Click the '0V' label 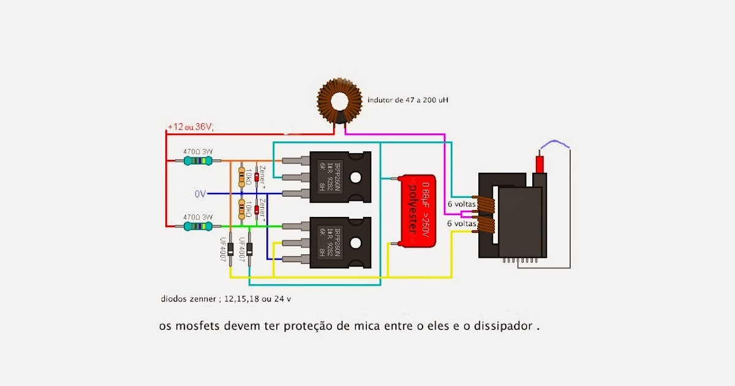200,194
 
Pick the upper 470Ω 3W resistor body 197,161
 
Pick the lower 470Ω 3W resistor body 197,226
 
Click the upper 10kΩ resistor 241,176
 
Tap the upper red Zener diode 257,176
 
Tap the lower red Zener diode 257,210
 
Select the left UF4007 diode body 231,249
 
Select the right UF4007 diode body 249,249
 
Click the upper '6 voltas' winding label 462,204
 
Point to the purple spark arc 554,143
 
